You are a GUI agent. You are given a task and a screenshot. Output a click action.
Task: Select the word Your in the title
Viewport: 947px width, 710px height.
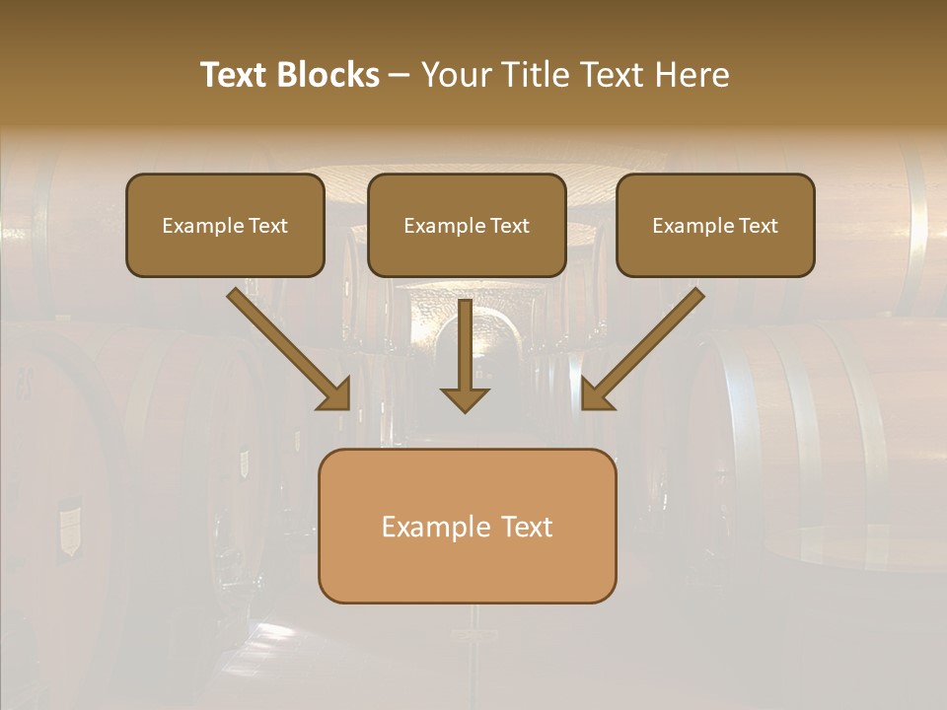pos(453,75)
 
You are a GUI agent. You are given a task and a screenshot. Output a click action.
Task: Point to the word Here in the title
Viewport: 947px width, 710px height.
pos(691,75)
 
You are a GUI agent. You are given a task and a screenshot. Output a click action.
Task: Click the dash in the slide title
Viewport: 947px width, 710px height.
pos(400,76)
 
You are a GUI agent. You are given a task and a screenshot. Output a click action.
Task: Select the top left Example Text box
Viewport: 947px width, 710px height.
pos(225,225)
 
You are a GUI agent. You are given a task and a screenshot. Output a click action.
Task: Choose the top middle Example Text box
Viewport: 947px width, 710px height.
pos(467,225)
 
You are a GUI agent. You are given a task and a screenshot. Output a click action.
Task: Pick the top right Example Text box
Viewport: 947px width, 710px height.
pos(715,225)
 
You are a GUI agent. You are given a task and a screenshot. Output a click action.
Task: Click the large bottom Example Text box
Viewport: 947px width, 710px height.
pos(467,526)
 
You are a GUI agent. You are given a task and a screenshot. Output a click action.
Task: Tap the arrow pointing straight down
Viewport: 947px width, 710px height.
pos(465,355)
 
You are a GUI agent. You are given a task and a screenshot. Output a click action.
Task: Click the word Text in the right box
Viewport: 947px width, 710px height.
pos(758,226)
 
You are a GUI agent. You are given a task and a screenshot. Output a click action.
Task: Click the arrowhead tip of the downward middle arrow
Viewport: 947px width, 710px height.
pos(465,409)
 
